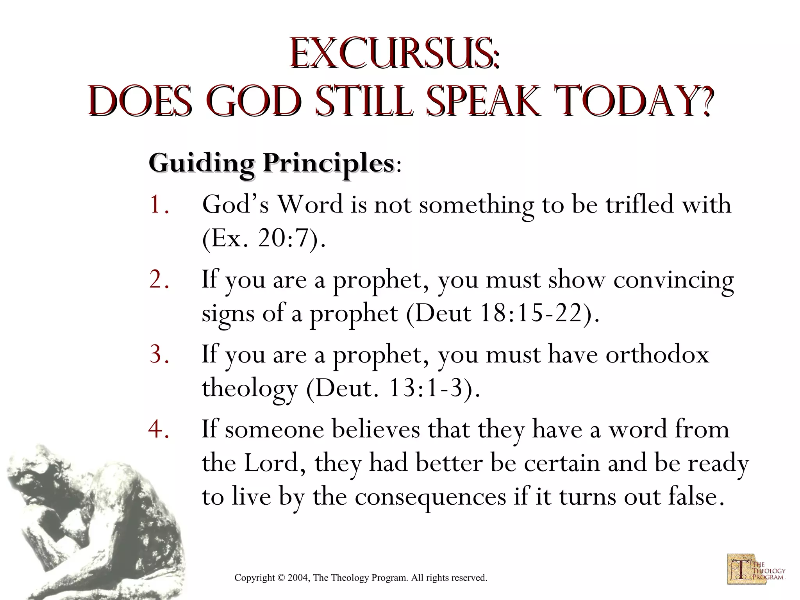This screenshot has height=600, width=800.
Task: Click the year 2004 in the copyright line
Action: (x=298, y=578)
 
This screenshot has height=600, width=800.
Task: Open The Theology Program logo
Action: (x=755, y=568)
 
